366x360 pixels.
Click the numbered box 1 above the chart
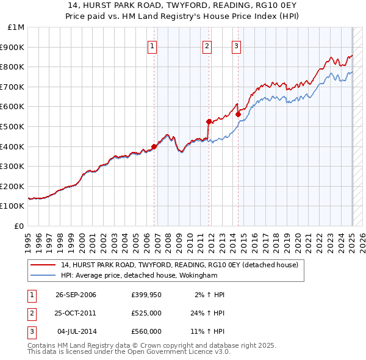tap(151, 45)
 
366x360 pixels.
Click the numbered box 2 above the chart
tap(207, 45)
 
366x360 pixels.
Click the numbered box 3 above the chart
tap(236, 45)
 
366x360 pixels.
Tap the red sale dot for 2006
tap(154, 146)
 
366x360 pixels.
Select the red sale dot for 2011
tap(209, 121)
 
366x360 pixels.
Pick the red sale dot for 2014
tap(238, 114)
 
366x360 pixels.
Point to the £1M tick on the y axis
tap(16, 27)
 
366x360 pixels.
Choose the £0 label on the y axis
tap(19, 226)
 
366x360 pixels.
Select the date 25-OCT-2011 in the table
tap(76, 313)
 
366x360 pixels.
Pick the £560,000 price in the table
tap(146, 331)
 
